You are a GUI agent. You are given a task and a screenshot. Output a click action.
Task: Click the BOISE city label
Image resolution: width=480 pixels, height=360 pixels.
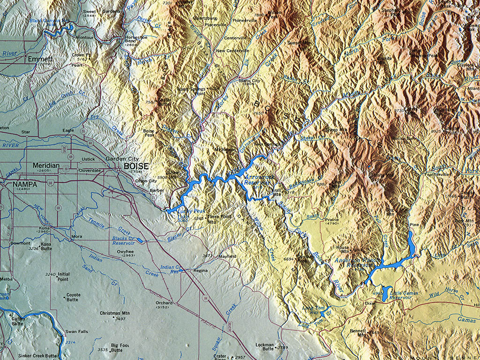click(136, 166)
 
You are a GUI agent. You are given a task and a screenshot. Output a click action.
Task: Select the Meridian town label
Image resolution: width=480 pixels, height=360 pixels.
click(46, 165)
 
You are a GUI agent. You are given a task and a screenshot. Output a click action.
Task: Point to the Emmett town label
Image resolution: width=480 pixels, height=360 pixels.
click(40, 60)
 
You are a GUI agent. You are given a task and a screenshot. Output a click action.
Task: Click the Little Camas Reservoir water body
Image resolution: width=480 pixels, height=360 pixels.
click(385, 294)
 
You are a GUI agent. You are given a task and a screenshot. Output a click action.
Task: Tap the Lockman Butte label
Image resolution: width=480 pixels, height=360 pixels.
click(264, 346)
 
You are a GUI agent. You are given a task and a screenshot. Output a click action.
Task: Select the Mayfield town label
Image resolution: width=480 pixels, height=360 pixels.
click(227, 256)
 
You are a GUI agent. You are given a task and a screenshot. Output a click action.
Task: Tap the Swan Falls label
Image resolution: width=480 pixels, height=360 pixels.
click(77, 331)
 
